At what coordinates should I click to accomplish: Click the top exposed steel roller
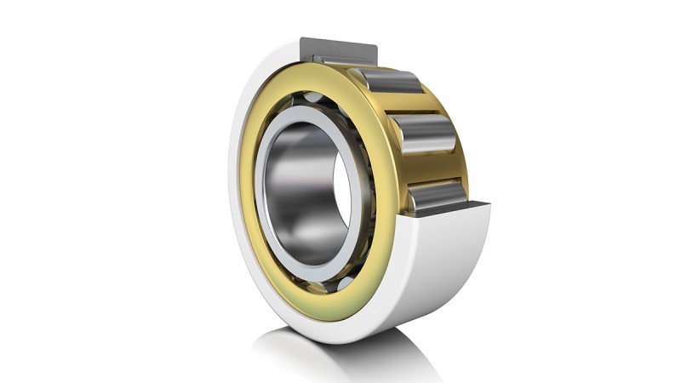(x=393, y=81)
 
